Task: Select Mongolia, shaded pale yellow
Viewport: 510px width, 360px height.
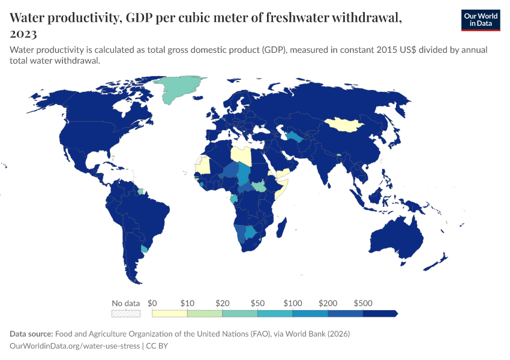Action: click(x=347, y=124)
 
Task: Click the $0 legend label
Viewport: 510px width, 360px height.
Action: click(x=152, y=303)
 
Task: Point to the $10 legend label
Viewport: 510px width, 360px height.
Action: click(x=187, y=303)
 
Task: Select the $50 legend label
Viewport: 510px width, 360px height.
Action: click(x=257, y=303)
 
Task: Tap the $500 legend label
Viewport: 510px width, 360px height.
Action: click(x=362, y=303)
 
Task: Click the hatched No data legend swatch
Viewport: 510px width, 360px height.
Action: click(x=125, y=313)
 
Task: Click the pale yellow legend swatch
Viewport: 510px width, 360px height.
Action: click(x=169, y=313)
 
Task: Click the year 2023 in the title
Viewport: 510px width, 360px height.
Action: click(x=23, y=34)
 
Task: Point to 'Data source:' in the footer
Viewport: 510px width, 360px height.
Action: click(x=32, y=334)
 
